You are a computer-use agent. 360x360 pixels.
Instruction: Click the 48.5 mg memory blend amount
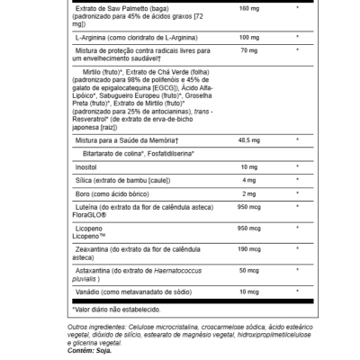[224, 139]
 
